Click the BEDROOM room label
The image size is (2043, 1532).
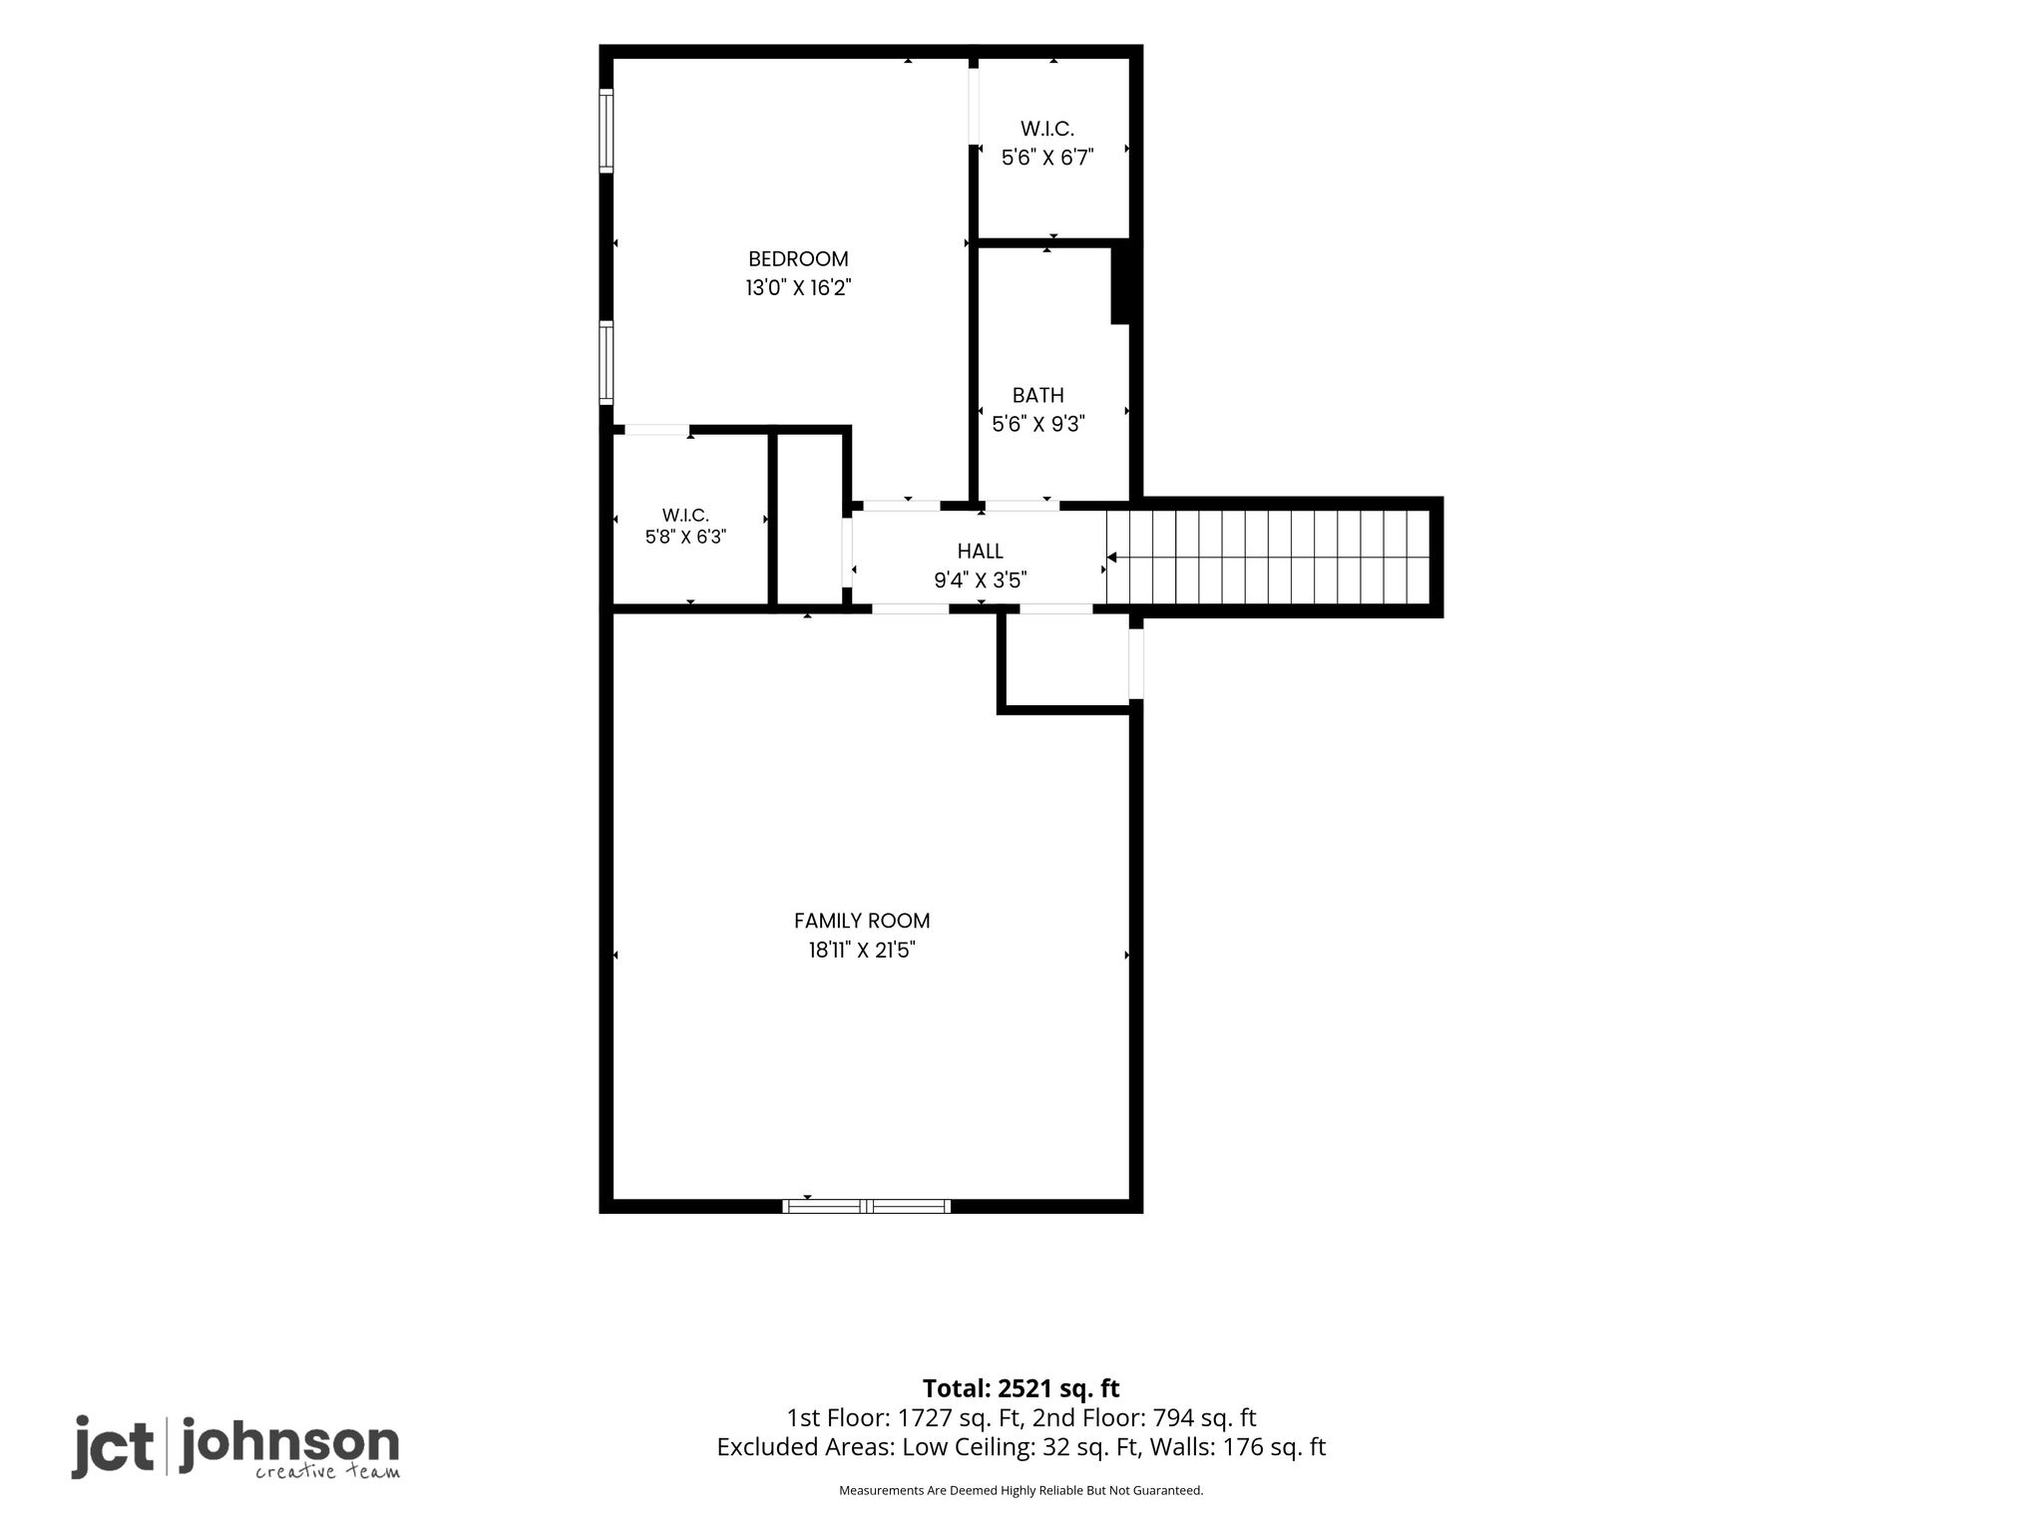(798, 259)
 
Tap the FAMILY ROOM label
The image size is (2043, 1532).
(862, 921)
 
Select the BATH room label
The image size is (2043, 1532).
(1038, 395)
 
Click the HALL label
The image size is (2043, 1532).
(981, 551)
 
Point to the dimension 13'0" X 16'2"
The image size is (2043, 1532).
(798, 288)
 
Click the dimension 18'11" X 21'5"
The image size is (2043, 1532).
(862, 950)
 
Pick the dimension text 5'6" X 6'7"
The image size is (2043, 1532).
(1047, 157)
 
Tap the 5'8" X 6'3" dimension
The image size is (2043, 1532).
(685, 537)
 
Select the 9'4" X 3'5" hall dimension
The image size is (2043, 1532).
(981, 579)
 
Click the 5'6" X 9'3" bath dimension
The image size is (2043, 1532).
(1038, 424)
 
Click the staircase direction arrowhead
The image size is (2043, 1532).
(1112, 557)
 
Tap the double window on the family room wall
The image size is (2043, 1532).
(867, 1206)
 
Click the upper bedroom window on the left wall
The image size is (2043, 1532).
(606, 131)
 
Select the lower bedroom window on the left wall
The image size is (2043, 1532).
(606, 362)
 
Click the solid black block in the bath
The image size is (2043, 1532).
(1120, 285)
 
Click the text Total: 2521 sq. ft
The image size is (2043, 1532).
(1021, 1388)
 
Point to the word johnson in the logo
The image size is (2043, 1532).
(289, 1443)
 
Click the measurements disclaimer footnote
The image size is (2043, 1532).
(1021, 1490)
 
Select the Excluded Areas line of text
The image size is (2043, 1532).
(1021, 1447)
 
